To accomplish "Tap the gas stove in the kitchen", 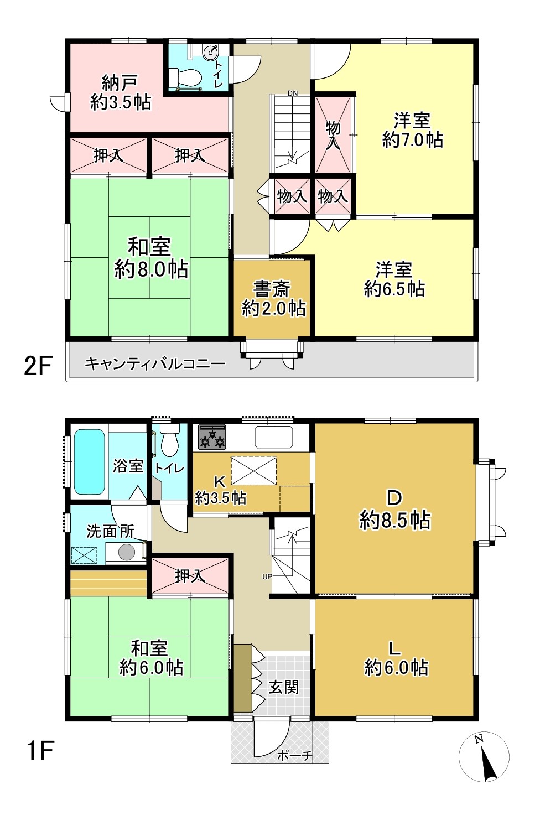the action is coord(212,437).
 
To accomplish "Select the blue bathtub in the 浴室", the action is coord(89,462).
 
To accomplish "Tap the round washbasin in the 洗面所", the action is coord(127,552).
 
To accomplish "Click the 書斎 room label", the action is coord(272,289).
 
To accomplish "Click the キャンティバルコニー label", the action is coord(155,364).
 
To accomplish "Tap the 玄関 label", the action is coord(283,687).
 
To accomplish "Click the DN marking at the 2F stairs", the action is coord(293,93).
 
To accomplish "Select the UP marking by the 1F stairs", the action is coord(267,576).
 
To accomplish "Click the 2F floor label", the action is coord(37,366).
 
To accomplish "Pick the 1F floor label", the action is coord(40,750).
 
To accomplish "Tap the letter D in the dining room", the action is coord(394,498).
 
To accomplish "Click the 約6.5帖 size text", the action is coord(394,289).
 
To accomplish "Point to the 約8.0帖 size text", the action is coord(151,269).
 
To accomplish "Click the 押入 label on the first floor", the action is coord(190,576).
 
